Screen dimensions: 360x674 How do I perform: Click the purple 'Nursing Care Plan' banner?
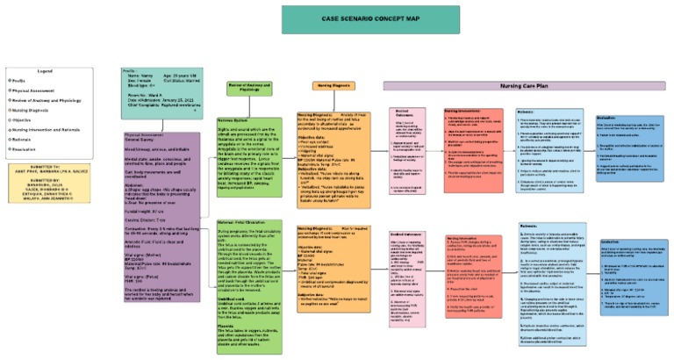tap(526, 86)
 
